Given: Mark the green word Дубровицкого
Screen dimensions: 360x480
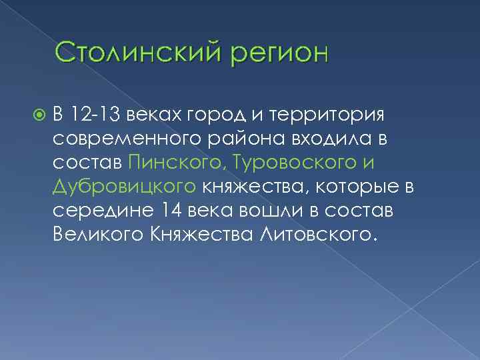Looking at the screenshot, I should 125,188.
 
